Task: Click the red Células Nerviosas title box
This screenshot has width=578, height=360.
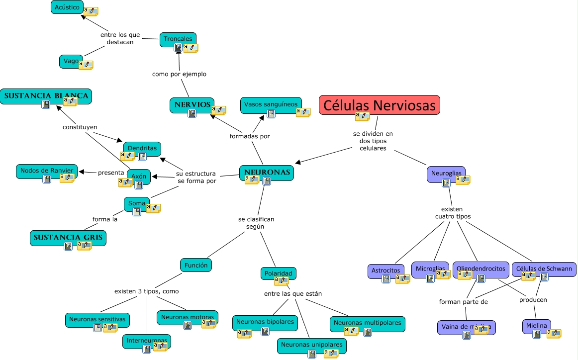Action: pyautogui.click(x=379, y=105)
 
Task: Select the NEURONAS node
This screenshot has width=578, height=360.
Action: pyautogui.click(x=266, y=172)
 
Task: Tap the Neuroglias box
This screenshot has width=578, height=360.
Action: pyautogui.click(x=446, y=173)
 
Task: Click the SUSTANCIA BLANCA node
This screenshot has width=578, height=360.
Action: pyautogui.click(x=46, y=95)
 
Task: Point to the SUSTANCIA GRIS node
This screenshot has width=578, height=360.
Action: pyautogui.click(x=68, y=237)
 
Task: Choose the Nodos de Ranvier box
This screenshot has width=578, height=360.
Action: pyautogui.click(x=47, y=171)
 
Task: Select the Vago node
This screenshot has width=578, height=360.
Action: pyautogui.click(x=71, y=61)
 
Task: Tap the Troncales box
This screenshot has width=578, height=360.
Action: pyautogui.click(x=178, y=38)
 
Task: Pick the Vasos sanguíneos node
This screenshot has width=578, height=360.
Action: pyautogui.click(x=271, y=104)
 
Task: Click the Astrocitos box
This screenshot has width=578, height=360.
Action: pyautogui.click(x=385, y=270)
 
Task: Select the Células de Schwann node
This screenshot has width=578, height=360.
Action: pyautogui.click(x=544, y=269)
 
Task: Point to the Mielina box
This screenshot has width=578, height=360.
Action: pyautogui.click(x=536, y=326)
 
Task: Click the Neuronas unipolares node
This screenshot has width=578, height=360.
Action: pyautogui.click(x=311, y=344)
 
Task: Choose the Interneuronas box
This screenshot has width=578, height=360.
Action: pyautogui.click(x=147, y=341)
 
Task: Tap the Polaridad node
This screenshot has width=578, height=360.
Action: pyautogui.click(x=278, y=273)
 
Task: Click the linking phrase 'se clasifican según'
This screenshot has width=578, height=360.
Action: pyautogui.click(x=256, y=223)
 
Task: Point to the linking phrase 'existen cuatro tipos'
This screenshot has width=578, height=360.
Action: pyautogui.click(x=452, y=213)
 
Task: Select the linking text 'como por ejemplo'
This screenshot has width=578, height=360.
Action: pyautogui.click(x=179, y=74)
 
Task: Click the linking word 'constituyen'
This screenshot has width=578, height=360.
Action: pyautogui.click(x=80, y=127)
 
